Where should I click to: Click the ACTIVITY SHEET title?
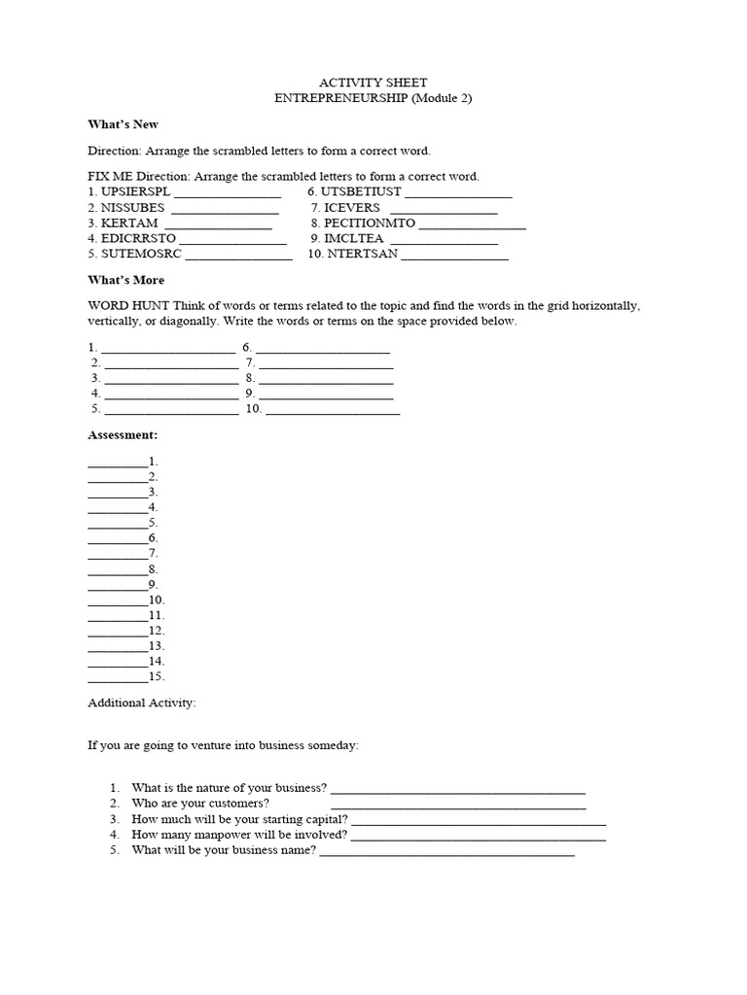tap(373, 83)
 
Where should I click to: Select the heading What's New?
tap(123, 124)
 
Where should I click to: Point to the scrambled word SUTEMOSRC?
tap(141, 254)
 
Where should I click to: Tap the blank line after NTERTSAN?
tap(454, 257)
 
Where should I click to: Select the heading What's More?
tap(126, 280)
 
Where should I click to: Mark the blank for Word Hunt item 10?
tap(332, 412)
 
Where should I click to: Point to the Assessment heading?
tap(123, 434)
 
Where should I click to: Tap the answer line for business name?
tap(446, 853)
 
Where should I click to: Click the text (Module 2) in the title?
tap(443, 98)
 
